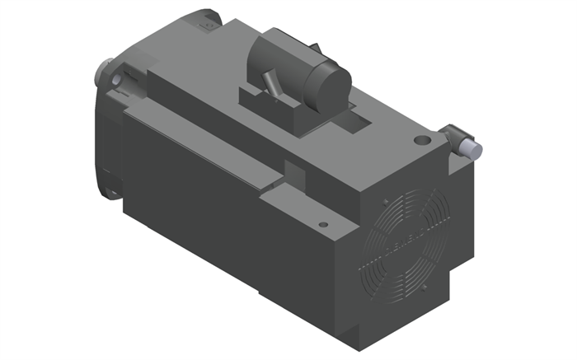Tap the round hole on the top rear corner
pyautogui.click(x=423, y=141)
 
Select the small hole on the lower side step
pyautogui.click(x=323, y=222)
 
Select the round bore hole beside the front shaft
pyautogui.click(x=117, y=79)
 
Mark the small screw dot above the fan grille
pyautogui.click(x=384, y=200)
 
